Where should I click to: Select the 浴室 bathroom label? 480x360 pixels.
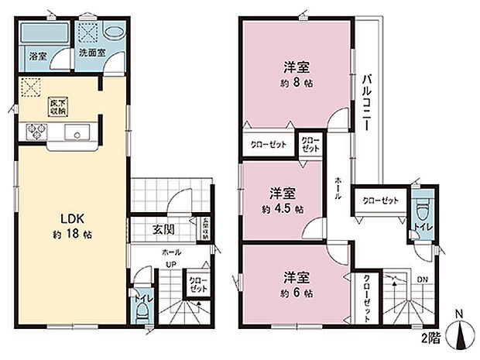pyautogui.click(x=38, y=57)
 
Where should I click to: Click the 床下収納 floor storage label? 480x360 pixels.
pyautogui.click(x=56, y=107)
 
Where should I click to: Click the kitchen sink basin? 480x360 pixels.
pyautogui.click(x=79, y=131)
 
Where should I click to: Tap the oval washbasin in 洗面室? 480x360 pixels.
pyautogui.click(x=114, y=33)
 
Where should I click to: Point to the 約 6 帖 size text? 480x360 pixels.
pyautogui.click(x=297, y=294)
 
